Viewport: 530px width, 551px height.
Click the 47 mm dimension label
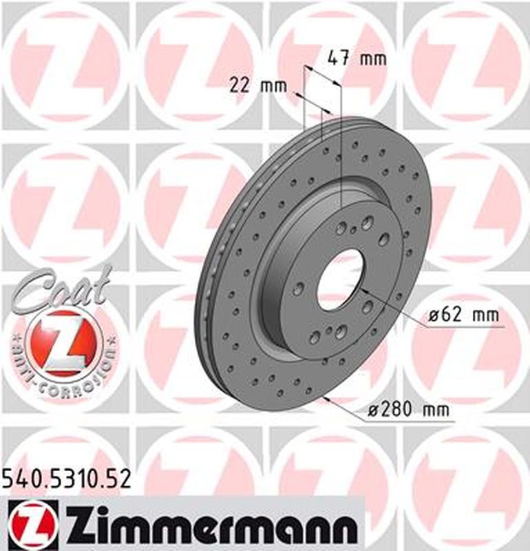tap(356, 59)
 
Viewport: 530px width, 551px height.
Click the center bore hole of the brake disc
tap(339, 280)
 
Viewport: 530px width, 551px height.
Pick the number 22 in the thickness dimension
tap(238, 86)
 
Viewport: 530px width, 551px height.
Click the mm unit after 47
tap(374, 59)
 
